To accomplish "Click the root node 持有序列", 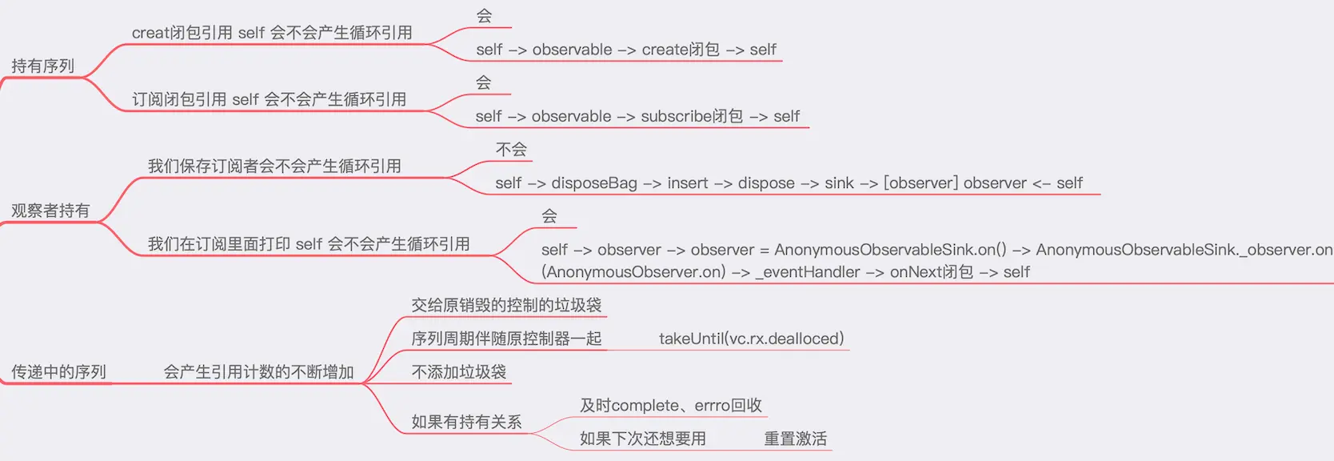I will coord(43,66).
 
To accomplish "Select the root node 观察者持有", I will coord(50,211).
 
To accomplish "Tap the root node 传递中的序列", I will coord(58,372).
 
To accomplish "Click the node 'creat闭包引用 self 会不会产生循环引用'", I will coord(272,33).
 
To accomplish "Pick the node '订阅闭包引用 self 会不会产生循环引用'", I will coord(269,99).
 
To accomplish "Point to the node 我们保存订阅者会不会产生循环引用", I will coord(274,166).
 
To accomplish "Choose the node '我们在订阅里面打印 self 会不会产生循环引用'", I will coord(309,244).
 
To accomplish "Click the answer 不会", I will coord(511,150).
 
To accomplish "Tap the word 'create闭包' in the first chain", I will coord(681,50).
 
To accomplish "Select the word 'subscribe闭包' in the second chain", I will coord(692,116).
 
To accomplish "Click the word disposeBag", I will coord(594,183).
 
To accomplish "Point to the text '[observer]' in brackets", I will coord(921,183).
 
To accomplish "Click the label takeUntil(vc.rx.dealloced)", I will coord(751,339).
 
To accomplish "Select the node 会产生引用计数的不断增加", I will coord(258,372).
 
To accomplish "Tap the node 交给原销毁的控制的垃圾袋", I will coord(506,305).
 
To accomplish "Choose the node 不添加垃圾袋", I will coord(458,372).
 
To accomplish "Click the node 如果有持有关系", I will coord(466,422).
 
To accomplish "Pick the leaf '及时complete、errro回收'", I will coord(670,406).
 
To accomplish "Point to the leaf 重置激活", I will coord(795,439).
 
